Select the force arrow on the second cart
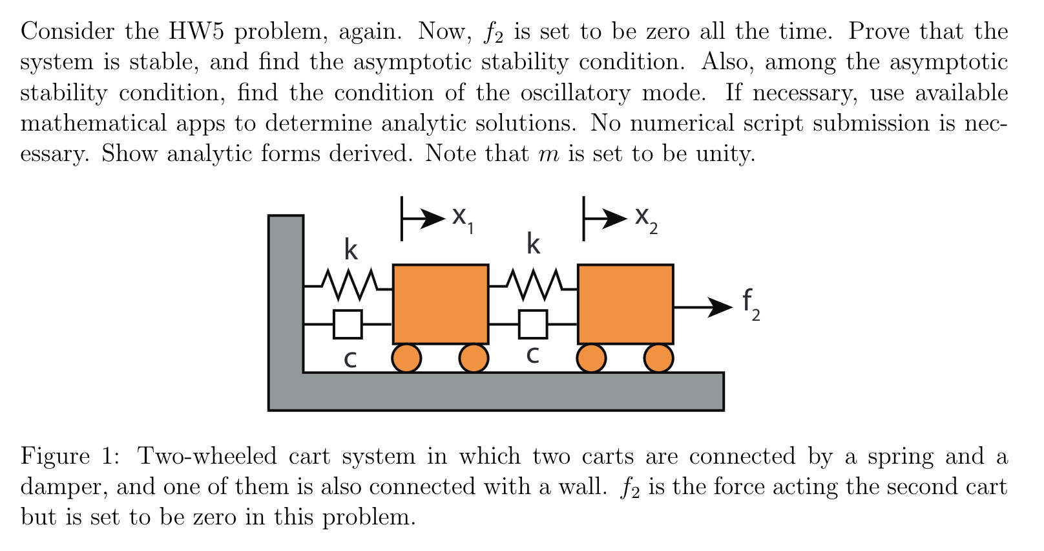[702, 307]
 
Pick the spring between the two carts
[534, 283]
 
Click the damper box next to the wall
[348, 324]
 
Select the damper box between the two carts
[533, 324]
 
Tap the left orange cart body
[440, 304]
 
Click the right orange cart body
[625, 304]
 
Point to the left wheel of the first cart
[407, 358]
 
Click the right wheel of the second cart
[658, 358]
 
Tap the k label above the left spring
[350, 248]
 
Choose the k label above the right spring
[533, 244]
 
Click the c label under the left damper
[350, 360]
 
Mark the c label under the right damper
[533, 355]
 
